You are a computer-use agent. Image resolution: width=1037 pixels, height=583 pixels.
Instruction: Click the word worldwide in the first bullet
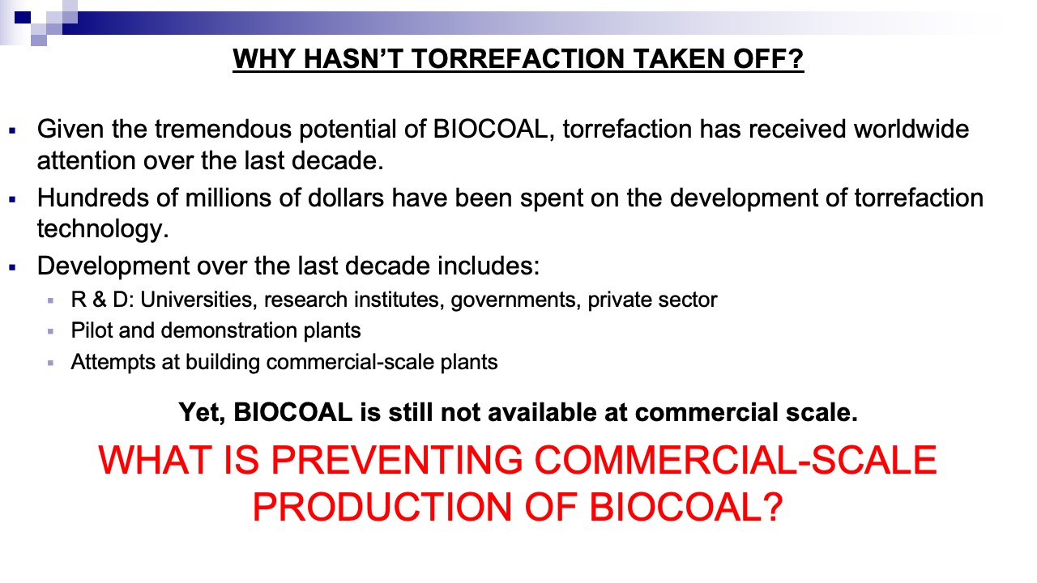[911, 129]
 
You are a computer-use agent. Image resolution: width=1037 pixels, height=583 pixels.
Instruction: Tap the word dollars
[345, 198]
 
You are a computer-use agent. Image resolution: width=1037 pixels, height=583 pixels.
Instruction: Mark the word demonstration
[228, 331]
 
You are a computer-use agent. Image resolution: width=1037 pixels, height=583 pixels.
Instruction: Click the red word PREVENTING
[397, 461]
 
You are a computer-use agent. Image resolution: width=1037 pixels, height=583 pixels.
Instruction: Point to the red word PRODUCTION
[382, 507]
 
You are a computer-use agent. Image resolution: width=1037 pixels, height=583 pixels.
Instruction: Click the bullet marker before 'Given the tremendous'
[12, 131]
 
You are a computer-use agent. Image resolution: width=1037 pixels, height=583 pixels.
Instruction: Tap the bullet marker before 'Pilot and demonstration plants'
[50, 332]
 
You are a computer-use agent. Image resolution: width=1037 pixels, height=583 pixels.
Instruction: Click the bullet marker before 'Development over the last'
[12, 267]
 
